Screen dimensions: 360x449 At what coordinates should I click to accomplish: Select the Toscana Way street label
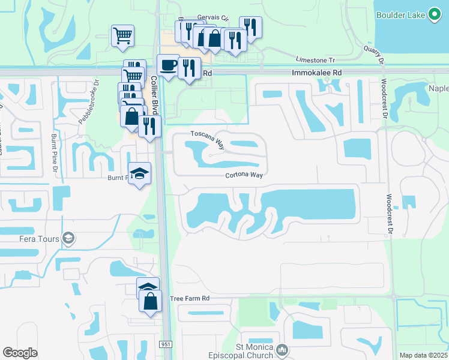[x=203, y=138]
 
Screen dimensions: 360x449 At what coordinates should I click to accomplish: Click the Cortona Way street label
[x=244, y=175]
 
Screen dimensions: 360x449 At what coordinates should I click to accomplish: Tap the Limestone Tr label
[x=314, y=59]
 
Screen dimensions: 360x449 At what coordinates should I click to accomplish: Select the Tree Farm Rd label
[x=189, y=298]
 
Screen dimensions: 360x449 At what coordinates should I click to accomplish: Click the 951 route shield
[x=166, y=344]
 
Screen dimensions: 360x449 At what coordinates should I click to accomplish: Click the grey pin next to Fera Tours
[x=68, y=239]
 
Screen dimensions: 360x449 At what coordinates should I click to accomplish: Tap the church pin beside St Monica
[x=283, y=350]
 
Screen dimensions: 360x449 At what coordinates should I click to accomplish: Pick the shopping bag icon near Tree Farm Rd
[x=150, y=301]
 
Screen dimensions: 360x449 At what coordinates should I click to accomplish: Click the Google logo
[x=20, y=353]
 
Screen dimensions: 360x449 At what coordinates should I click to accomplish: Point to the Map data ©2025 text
[x=423, y=355]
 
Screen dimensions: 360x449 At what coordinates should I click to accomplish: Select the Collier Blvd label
[x=154, y=90]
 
